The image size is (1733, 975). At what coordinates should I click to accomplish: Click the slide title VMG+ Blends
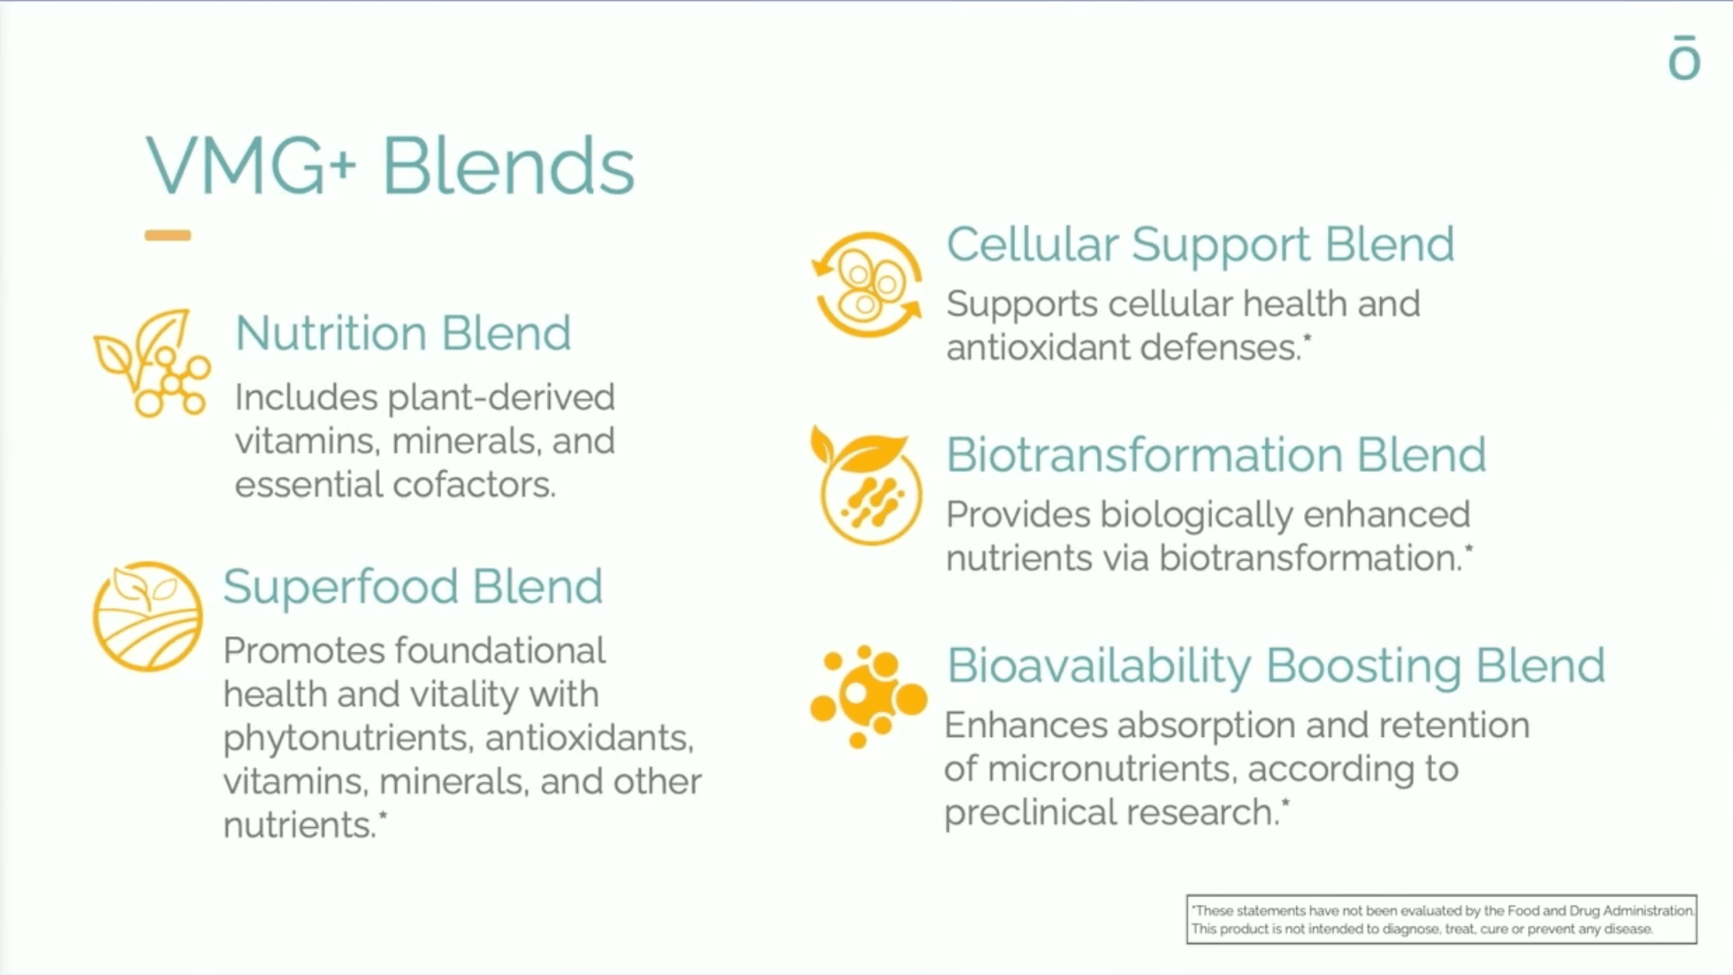tap(390, 166)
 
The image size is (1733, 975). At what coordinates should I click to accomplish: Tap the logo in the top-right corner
tap(1684, 57)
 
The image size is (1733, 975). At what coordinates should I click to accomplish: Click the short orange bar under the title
tap(168, 235)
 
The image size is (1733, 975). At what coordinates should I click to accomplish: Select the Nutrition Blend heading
tap(403, 333)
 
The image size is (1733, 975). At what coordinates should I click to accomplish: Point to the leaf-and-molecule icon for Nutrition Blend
tap(152, 363)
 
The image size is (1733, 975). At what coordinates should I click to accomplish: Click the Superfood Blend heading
tap(413, 586)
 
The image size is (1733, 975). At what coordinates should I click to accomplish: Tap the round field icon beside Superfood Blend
tap(147, 616)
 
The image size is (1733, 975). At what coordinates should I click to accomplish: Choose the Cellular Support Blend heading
tap(1200, 246)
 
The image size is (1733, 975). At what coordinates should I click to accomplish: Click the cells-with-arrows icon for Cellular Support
tap(867, 285)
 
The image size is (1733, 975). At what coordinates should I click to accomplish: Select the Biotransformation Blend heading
tap(1216, 454)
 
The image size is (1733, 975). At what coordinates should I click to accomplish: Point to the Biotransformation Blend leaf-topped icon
tap(866, 485)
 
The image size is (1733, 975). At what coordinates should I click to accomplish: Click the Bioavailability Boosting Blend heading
tap(1275, 666)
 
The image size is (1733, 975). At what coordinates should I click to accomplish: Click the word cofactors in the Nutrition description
tap(474, 484)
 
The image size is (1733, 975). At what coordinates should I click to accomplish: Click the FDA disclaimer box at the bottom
tap(1442, 919)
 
